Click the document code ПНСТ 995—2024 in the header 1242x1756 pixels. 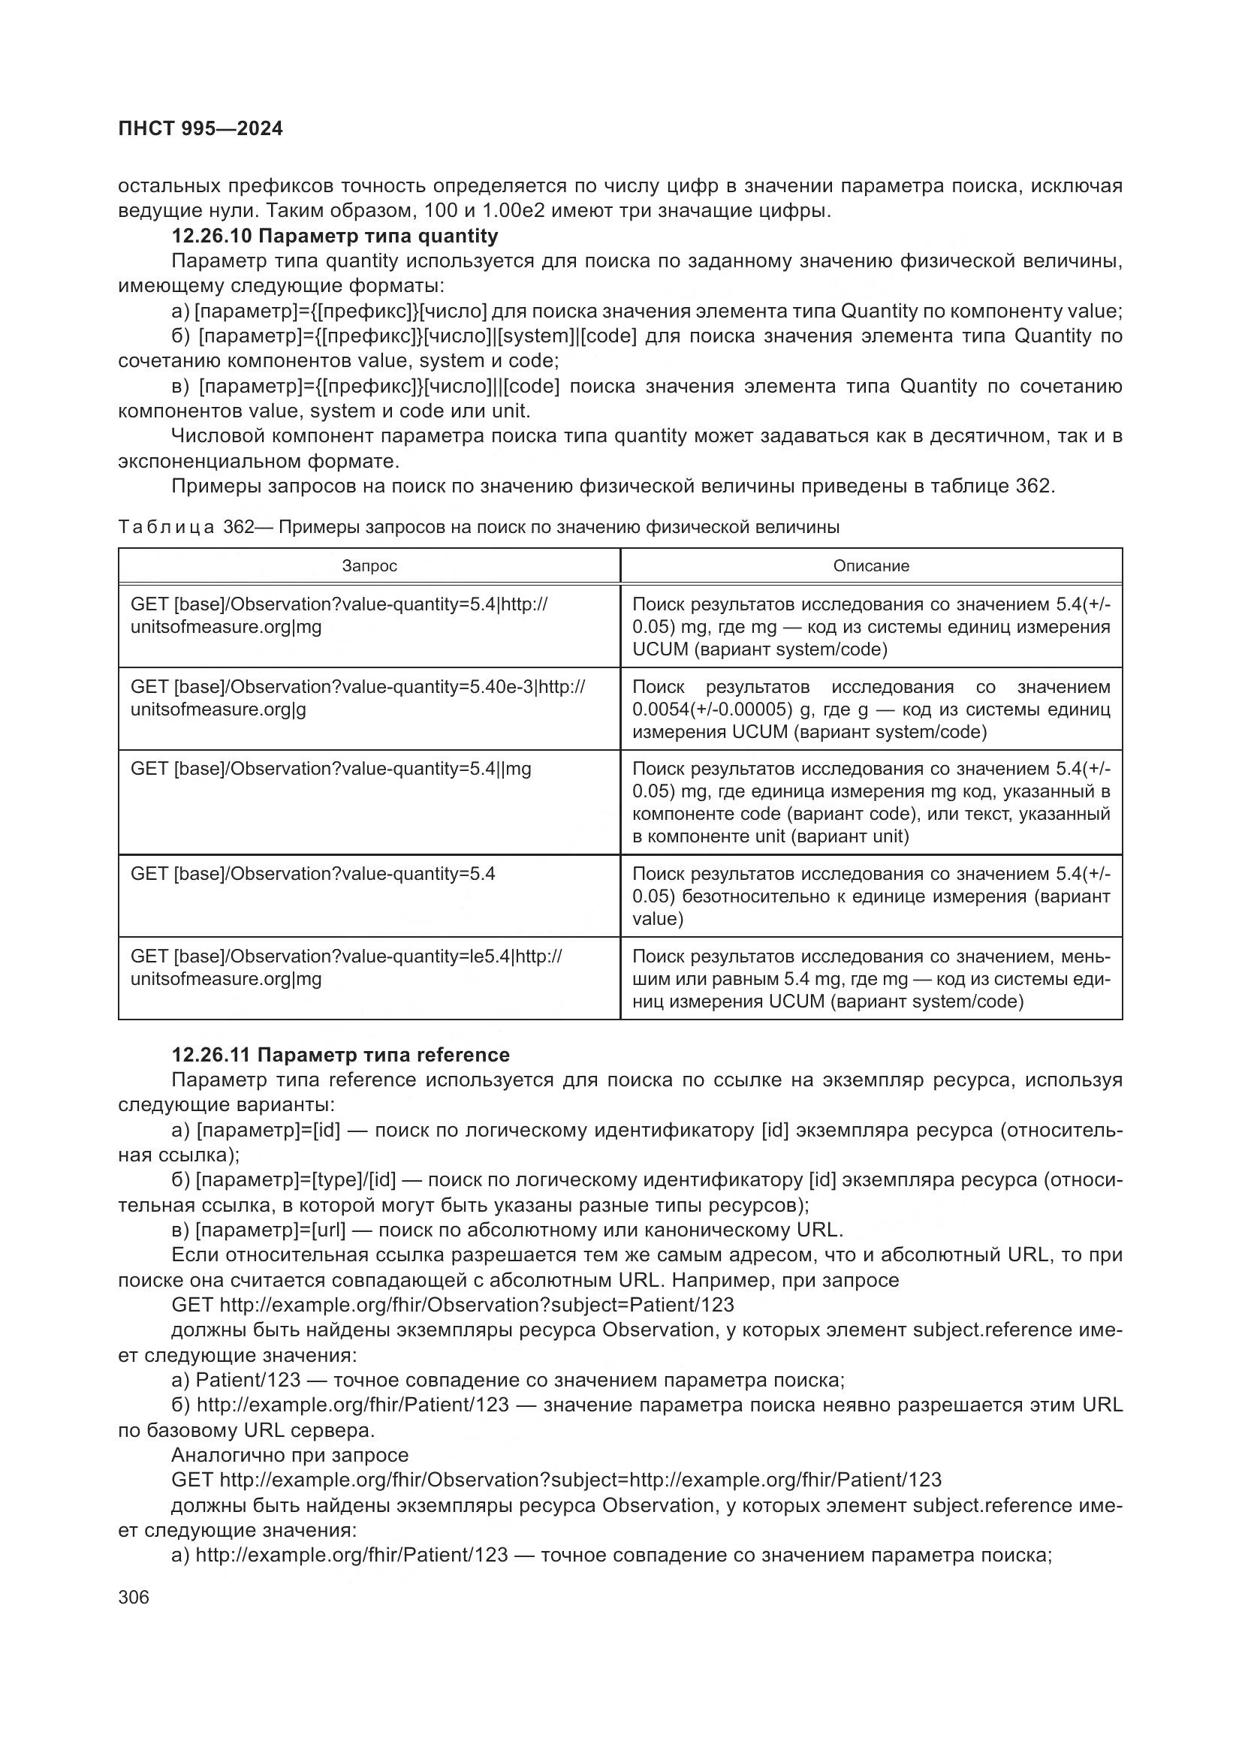click(200, 128)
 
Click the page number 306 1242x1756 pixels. click(134, 1597)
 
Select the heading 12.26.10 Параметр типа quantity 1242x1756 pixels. click(334, 236)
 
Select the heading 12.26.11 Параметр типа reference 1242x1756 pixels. click(340, 1055)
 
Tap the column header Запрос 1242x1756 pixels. click(369, 566)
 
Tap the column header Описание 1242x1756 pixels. click(871, 566)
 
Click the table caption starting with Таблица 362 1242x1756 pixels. click(479, 527)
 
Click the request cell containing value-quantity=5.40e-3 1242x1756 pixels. click(358, 697)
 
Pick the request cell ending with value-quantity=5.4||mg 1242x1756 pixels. click(331, 769)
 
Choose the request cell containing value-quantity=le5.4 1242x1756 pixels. click(346, 968)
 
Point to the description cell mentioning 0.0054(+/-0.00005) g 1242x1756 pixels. click(871, 709)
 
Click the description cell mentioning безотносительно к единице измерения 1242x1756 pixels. click(871, 896)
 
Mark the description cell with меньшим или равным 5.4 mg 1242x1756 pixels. click(871, 978)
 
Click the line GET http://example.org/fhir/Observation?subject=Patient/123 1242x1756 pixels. click(453, 1305)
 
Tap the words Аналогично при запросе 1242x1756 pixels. click(290, 1455)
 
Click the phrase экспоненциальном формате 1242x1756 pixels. click(258, 461)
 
